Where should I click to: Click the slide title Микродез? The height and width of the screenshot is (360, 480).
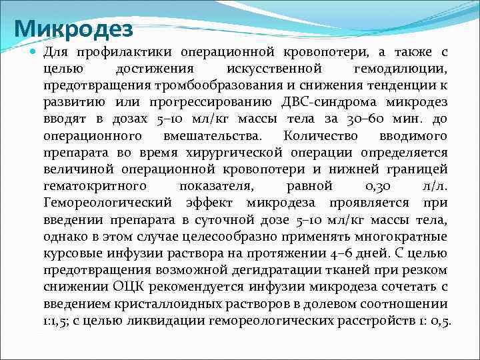pyautogui.click(x=73, y=29)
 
